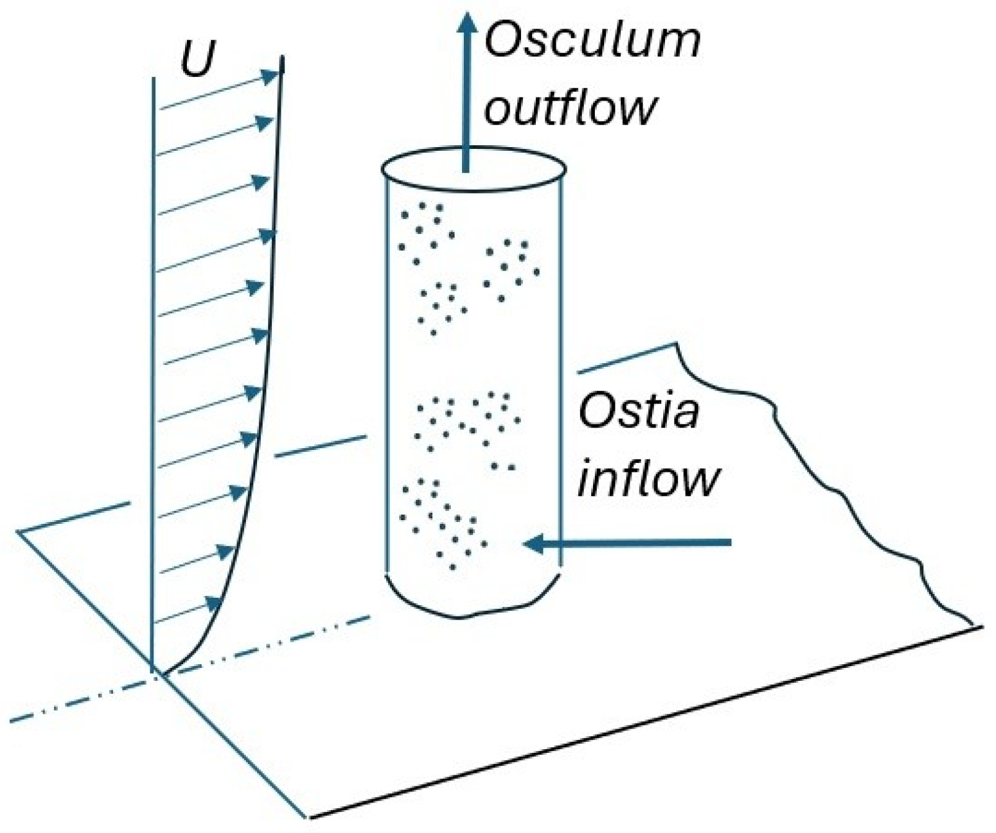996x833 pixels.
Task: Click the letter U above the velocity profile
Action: pyautogui.click(x=197, y=60)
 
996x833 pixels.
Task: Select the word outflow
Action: pyautogui.click(x=569, y=107)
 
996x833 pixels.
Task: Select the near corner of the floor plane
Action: pyautogui.click(x=307, y=816)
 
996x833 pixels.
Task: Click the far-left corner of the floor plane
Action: pyautogui.click(x=19, y=532)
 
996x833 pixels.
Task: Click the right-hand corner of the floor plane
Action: pyautogui.click(x=982, y=627)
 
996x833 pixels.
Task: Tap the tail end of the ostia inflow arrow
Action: pyautogui.click(x=730, y=544)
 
